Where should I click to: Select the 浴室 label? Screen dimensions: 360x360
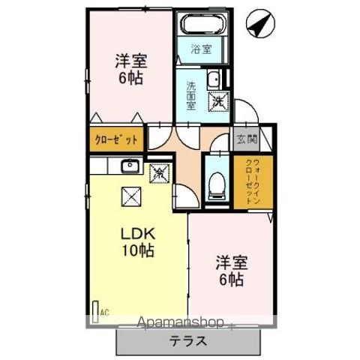coord(200,50)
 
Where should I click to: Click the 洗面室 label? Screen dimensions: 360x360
coord(191,94)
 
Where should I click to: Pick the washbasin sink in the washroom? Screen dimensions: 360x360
coord(214,78)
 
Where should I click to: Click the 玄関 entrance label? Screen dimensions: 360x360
coord(247,139)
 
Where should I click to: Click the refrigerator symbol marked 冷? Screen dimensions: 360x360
coord(160,174)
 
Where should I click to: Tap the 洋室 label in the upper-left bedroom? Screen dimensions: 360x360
coord(130,60)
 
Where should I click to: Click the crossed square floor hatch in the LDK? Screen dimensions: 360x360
coord(128,196)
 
